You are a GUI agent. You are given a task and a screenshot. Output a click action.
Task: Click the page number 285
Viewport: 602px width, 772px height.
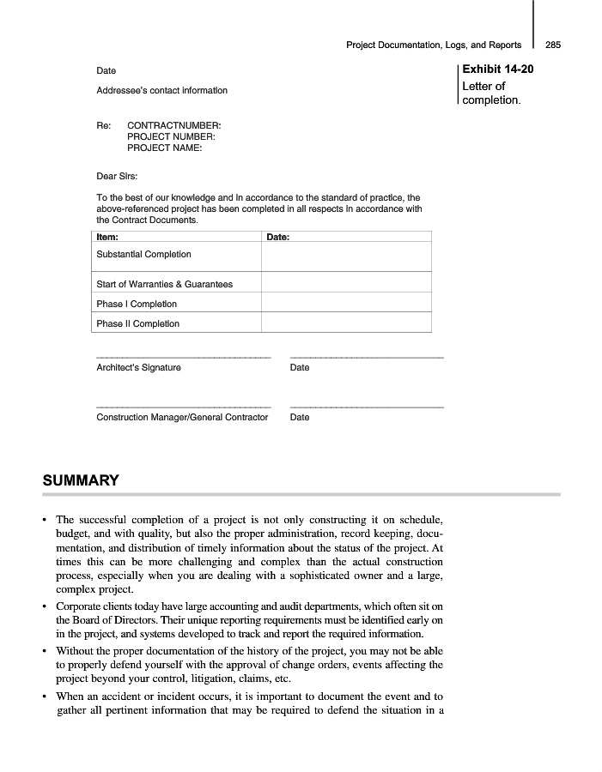point(553,45)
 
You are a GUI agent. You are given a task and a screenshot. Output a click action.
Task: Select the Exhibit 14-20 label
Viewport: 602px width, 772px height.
point(497,69)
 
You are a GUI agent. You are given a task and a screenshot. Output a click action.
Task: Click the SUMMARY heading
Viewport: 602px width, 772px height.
point(81,480)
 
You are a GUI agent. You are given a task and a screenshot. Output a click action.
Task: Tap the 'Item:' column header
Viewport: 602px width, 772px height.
point(107,237)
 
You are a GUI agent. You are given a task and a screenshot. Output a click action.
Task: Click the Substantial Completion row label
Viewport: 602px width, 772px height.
point(143,255)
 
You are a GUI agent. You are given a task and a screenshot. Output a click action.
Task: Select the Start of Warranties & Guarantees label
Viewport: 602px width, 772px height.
point(164,284)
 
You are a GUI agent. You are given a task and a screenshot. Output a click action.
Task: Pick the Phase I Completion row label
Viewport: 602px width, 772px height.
point(137,304)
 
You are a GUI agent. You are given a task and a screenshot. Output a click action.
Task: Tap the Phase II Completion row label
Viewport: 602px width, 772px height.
point(138,323)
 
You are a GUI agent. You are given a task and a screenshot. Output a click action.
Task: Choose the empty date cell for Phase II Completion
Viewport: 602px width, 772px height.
point(345,323)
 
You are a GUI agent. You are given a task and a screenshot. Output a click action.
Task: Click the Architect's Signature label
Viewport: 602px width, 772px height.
point(138,368)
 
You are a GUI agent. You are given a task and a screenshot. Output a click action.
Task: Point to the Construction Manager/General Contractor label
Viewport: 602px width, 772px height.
point(182,418)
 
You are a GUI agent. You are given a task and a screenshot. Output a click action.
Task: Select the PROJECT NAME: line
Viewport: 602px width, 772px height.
point(165,148)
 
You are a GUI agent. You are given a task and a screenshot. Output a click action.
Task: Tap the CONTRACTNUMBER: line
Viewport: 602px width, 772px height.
point(173,125)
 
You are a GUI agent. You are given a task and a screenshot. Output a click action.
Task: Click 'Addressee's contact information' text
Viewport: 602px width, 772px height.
point(161,90)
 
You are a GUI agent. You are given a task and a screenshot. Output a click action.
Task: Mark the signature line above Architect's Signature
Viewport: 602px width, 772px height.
point(183,357)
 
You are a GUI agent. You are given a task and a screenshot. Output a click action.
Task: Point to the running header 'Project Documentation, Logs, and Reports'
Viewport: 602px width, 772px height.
point(434,45)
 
